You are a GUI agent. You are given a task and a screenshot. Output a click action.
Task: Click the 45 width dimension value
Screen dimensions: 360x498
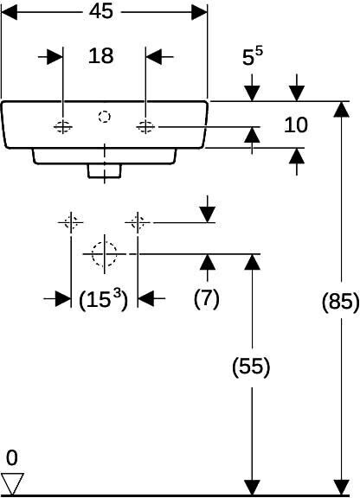(x=100, y=11)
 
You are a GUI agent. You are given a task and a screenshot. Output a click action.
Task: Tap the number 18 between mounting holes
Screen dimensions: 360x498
(x=100, y=56)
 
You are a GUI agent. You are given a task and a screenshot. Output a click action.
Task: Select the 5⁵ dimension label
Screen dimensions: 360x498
(x=253, y=56)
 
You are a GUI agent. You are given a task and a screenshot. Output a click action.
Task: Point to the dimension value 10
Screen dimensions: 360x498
(x=295, y=124)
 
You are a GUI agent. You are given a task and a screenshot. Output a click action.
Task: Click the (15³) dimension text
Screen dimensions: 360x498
(x=103, y=299)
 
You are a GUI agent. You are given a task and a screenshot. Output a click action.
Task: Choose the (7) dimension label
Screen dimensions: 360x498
(x=207, y=298)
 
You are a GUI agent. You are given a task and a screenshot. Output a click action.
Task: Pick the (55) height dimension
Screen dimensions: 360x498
(x=251, y=367)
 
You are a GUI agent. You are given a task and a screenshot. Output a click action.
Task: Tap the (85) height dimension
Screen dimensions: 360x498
(x=341, y=301)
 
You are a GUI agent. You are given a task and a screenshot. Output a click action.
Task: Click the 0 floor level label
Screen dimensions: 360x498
(x=12, y=458)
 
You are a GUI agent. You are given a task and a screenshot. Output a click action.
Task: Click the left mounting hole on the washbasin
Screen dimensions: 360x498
(x=63, y=127)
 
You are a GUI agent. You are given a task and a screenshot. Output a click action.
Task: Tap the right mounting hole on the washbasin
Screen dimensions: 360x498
(x=145, y=127)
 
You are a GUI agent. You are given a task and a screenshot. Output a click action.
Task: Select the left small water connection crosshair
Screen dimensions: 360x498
(x=71, y=222)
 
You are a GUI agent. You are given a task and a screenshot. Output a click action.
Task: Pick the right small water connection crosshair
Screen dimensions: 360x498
(x=138, y=222)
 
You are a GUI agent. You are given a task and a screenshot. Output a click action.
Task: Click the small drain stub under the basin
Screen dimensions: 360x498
(x=105, y=171)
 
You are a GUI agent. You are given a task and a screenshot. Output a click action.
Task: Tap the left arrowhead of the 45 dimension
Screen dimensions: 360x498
(x=9, y=12)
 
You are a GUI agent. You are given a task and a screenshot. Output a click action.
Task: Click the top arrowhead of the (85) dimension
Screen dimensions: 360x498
(x=342, y=109)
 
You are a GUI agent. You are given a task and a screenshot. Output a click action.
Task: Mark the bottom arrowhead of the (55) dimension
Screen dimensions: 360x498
(x=252, y=488)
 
